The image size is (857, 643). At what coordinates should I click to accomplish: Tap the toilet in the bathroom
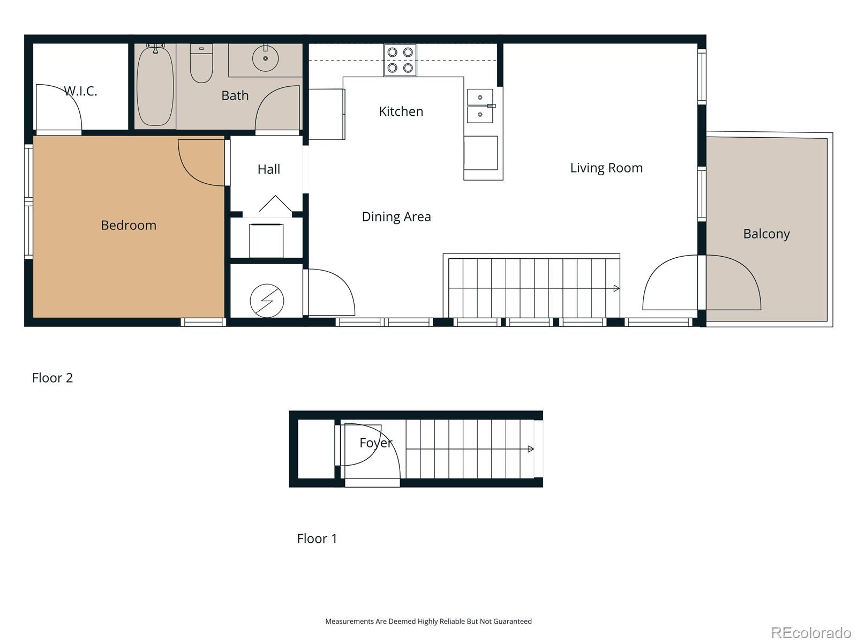[x=201, y=64]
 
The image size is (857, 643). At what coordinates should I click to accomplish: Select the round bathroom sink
[x=265, y=58]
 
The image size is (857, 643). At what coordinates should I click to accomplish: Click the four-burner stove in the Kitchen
[x=400, y=60]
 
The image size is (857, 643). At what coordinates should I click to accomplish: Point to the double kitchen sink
[x=480, y=106]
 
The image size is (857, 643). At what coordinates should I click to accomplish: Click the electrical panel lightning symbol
[x=267, y=301]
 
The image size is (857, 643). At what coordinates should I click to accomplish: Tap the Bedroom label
[x=129, y=225]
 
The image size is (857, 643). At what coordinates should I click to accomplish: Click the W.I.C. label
[x=81, y=91]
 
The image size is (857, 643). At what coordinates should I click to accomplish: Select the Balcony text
[x=766, y=234]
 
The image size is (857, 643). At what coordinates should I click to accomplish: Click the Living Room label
[x=606, y=168]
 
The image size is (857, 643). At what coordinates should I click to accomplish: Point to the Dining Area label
[x=396, y=216]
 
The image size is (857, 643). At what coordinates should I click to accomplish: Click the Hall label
[x=268, y=169]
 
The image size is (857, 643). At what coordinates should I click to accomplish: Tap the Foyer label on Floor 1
[x=375, y=443]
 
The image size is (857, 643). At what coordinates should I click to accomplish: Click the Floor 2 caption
[x=52, y=378]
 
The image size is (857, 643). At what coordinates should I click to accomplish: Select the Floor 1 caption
[x=317, y=539]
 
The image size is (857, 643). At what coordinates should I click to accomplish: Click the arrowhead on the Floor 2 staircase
[x=617, y=288]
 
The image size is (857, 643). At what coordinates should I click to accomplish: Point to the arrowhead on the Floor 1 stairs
[x=531, y=449]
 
